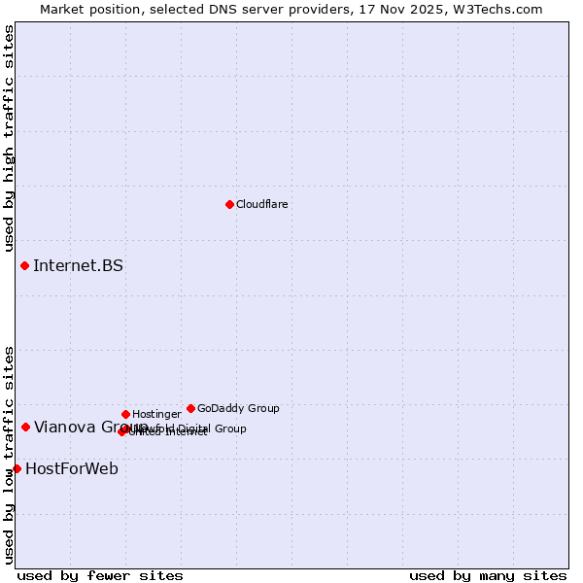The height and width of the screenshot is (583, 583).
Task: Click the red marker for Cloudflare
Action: coord(229,204)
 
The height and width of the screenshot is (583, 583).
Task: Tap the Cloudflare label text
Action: coord(262,204)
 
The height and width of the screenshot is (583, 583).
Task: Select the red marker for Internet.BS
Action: coord(24,265)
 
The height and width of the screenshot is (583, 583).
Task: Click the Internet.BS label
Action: coord(78,265)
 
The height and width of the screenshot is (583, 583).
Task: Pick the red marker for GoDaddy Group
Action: coord(190,408)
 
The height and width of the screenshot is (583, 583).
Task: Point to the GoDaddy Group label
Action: coord(238,408)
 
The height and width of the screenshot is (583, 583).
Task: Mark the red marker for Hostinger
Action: coord(125,414)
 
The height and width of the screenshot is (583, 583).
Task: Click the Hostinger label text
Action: coord(156,414)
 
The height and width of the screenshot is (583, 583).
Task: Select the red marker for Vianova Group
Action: coord(25,427)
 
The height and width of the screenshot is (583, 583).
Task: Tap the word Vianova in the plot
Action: coord(64,427)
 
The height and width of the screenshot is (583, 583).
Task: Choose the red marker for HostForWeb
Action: coord(17,468)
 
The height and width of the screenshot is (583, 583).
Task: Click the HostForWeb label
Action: coord(72,468)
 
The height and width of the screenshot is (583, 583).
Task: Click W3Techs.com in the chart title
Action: coord(500,9)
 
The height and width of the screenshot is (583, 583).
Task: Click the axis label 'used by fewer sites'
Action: coord(100,575)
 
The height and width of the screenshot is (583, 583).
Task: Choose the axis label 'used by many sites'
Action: coord(488,575)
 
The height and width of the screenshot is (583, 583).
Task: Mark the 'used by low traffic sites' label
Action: coord(9,455)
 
